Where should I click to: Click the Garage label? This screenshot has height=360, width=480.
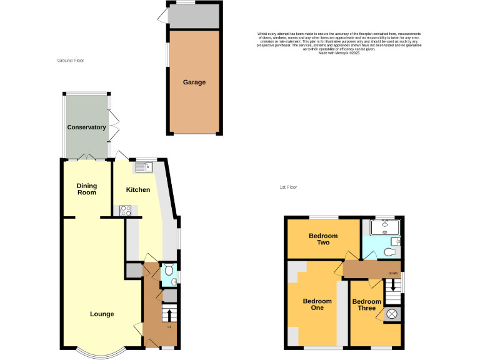click(194, 82)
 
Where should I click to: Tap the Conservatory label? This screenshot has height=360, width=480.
click(87, 127)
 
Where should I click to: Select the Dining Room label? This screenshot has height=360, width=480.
click(87, 189)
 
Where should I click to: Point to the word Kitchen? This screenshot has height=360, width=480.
click(138, 190)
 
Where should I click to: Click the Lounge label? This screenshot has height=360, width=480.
click(102, 314)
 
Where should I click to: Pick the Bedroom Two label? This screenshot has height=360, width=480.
click(323, 239)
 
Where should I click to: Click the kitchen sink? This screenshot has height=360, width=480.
click(143, 167)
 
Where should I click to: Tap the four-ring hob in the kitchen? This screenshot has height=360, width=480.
click(125, 211)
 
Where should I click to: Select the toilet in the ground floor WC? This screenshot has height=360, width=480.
click(168, 271)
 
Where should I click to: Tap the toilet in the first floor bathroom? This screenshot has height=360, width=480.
click(389, 252)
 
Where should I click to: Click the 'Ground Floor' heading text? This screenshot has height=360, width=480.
click(71, 61)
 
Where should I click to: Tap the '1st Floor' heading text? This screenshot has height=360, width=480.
click(288, 187)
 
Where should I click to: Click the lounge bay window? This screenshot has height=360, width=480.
click(102, 353)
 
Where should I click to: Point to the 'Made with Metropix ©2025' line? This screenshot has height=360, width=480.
click(339, 53)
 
